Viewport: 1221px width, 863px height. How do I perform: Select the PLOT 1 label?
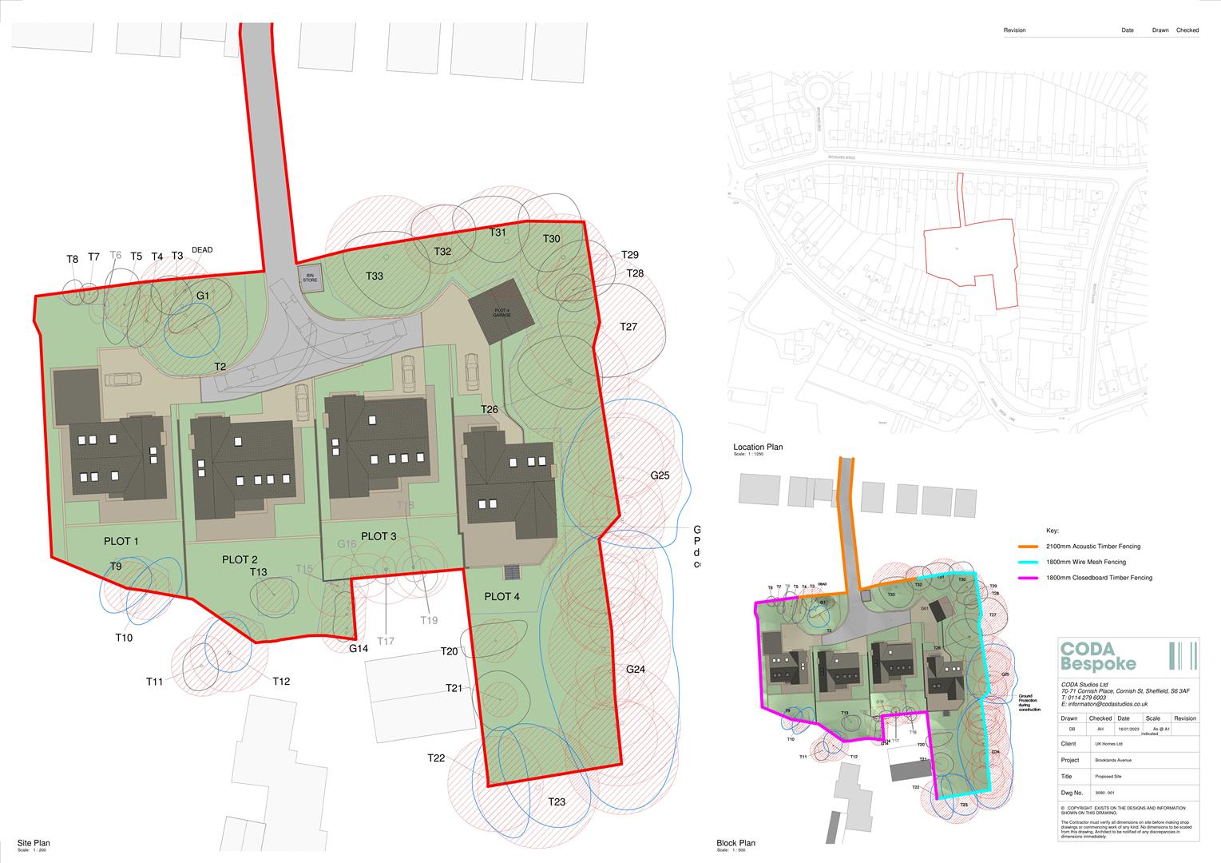(x=121, y=542)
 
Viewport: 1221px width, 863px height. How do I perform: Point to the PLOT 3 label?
(x=379, y=536)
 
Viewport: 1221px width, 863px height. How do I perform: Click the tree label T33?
(x=375, y=276)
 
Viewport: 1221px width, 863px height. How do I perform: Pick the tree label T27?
(x=628, y=327)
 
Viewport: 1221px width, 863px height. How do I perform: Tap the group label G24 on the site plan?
(x=635, y=670)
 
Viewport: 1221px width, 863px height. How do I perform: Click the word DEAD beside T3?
(x=202, y=250)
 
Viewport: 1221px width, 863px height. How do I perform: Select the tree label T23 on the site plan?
(x=557, y=802)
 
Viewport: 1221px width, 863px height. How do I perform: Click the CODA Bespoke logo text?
(x=1097, y=656)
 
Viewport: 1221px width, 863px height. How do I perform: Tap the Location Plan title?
(x=758, y=447)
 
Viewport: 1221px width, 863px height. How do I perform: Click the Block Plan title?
(x=735, y=843)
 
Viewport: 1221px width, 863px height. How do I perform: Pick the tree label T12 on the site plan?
(x=280, y=682)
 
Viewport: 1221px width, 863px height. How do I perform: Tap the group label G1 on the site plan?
(x=203, y=296)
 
